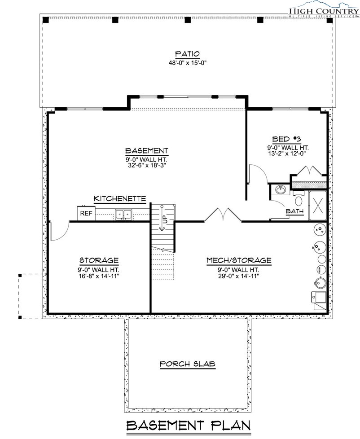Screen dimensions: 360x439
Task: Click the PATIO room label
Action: [187, 54]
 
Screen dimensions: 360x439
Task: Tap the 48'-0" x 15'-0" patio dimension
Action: [187, 63]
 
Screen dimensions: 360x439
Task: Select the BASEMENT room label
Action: [146, 151]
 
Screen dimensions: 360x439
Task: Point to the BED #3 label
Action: [286, 139]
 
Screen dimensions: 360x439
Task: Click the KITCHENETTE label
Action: [120, 198]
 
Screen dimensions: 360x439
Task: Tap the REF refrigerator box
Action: [86, 213]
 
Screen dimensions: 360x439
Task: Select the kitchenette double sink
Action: [123, 215]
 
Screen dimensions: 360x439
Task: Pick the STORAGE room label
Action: [99, 260]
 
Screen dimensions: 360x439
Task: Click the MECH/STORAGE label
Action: [239, 260]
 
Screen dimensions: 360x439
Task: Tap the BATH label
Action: [294, 211]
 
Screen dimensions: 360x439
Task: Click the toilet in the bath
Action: [299, 198]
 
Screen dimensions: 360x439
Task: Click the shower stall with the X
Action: [318, 206]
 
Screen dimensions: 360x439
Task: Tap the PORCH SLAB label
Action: [187, 364]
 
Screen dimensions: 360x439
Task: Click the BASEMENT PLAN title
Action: [189, 426]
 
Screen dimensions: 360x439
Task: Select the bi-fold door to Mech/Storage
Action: [223, 215]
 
